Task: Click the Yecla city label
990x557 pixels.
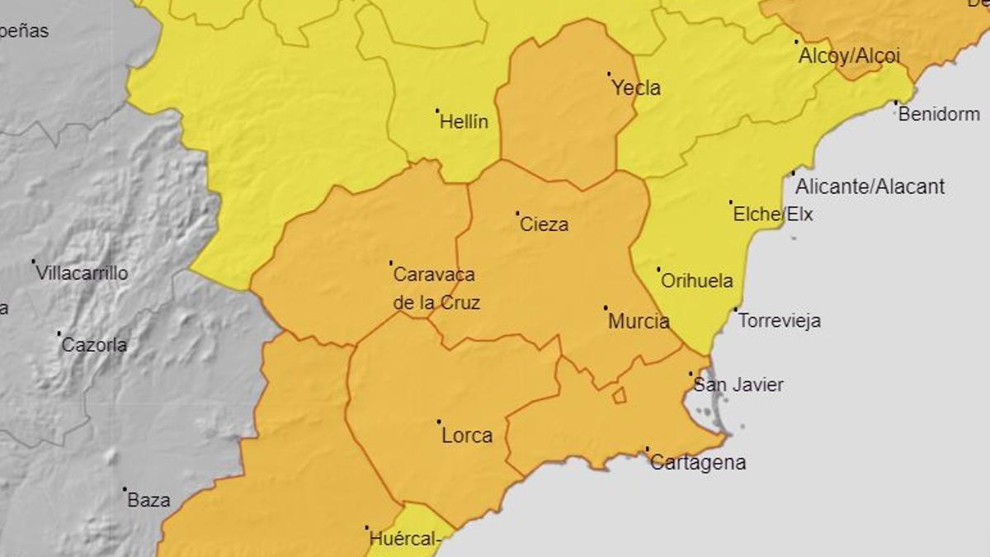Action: [x=636, y=88]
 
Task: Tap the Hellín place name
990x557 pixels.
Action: [x=464, y=122]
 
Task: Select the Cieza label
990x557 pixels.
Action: [x=544, y=224]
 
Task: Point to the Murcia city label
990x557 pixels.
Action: [x=639, y=322]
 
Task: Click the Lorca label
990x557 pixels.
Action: [x=467, y=436]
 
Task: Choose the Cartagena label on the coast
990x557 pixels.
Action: [x=698, y=463]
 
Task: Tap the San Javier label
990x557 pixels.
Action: [x=738, y=385]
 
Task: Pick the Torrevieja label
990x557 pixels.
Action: [x=779, y=321]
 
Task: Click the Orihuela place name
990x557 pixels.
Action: [x=697, y=281]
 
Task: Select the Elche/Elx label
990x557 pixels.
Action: [x=773, y=215]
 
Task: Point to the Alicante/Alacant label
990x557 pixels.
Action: [x=870, y=186]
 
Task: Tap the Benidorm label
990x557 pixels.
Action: [x=939, y=115]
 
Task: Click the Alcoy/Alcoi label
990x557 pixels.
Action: [x=849, y=56]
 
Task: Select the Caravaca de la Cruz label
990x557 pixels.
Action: [x=436, y=289]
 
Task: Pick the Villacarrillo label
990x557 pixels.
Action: [x=82, y=273]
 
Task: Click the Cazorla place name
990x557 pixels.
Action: [x=94, y=345]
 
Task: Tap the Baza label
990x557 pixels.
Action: [x=149, y=500]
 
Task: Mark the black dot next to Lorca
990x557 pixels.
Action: [x=438, y=422]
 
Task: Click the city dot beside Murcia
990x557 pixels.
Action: [x=606, y=308]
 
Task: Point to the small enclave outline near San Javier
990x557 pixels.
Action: [x=619, y=396]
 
